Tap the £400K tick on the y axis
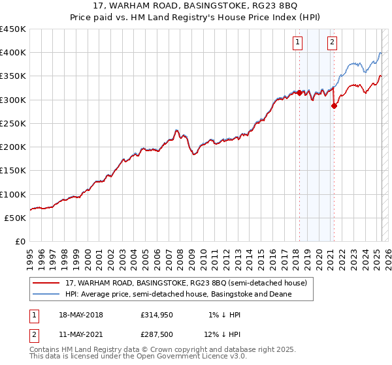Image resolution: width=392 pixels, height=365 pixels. (13, 53)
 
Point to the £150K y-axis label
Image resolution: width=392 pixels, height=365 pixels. (13, 170)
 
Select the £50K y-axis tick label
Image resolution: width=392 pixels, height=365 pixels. (16, 218)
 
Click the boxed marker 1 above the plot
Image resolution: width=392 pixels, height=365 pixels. (298, 43)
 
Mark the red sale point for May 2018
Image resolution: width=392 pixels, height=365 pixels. (299, 93)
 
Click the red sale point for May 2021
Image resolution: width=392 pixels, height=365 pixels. (334, 106)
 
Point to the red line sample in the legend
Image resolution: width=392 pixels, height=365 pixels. (48, 283)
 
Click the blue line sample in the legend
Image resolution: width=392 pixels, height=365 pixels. (48, 294)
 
